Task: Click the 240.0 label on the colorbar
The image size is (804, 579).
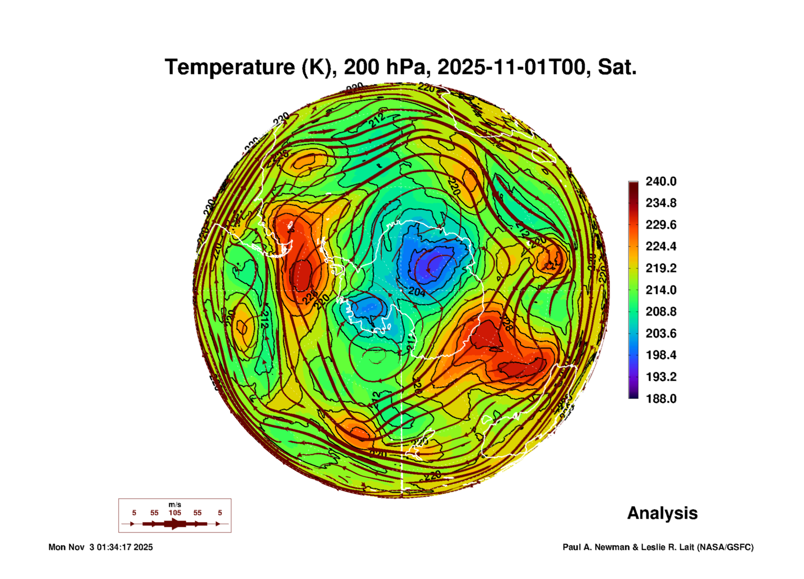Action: (661, 181)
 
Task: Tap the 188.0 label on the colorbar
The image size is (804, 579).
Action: (661, 399)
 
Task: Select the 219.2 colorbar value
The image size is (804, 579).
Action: (661, 268)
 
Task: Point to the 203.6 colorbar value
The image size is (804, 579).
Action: (661, 333)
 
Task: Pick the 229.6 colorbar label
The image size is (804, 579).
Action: (661, 225)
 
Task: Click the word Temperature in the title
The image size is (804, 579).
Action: (230, 68)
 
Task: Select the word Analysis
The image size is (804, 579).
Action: (662, 513)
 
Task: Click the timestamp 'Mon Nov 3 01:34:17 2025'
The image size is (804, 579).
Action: (101, 547)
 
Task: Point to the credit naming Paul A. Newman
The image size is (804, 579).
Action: (658, 547)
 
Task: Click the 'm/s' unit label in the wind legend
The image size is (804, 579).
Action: (175, 504)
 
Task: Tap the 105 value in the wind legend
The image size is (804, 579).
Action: (175, 513)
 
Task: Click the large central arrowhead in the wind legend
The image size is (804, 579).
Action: (175, 524)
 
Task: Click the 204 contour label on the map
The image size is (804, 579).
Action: (417, 292)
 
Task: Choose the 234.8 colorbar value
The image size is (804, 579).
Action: (661, 203)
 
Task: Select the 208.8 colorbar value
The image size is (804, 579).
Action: (661, 312)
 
